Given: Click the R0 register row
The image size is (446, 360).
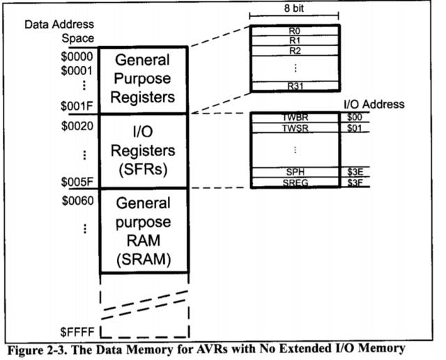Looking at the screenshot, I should (295, 31).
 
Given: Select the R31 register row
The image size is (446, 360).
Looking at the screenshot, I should (295, 86).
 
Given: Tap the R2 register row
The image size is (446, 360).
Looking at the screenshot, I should (295, 50).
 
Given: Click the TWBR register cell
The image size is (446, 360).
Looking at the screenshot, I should (295, 118).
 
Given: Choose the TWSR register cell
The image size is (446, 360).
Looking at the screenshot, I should (295, 128).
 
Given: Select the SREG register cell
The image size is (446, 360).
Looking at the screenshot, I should (295, 182).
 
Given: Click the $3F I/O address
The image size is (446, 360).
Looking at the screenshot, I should (355, 182).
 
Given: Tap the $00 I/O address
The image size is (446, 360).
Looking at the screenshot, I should (355, 118).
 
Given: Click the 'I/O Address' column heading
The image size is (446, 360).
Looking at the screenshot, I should (374, 104).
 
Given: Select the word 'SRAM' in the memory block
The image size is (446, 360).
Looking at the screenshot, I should (143, 260).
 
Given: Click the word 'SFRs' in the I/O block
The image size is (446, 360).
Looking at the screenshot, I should (143, 169).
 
